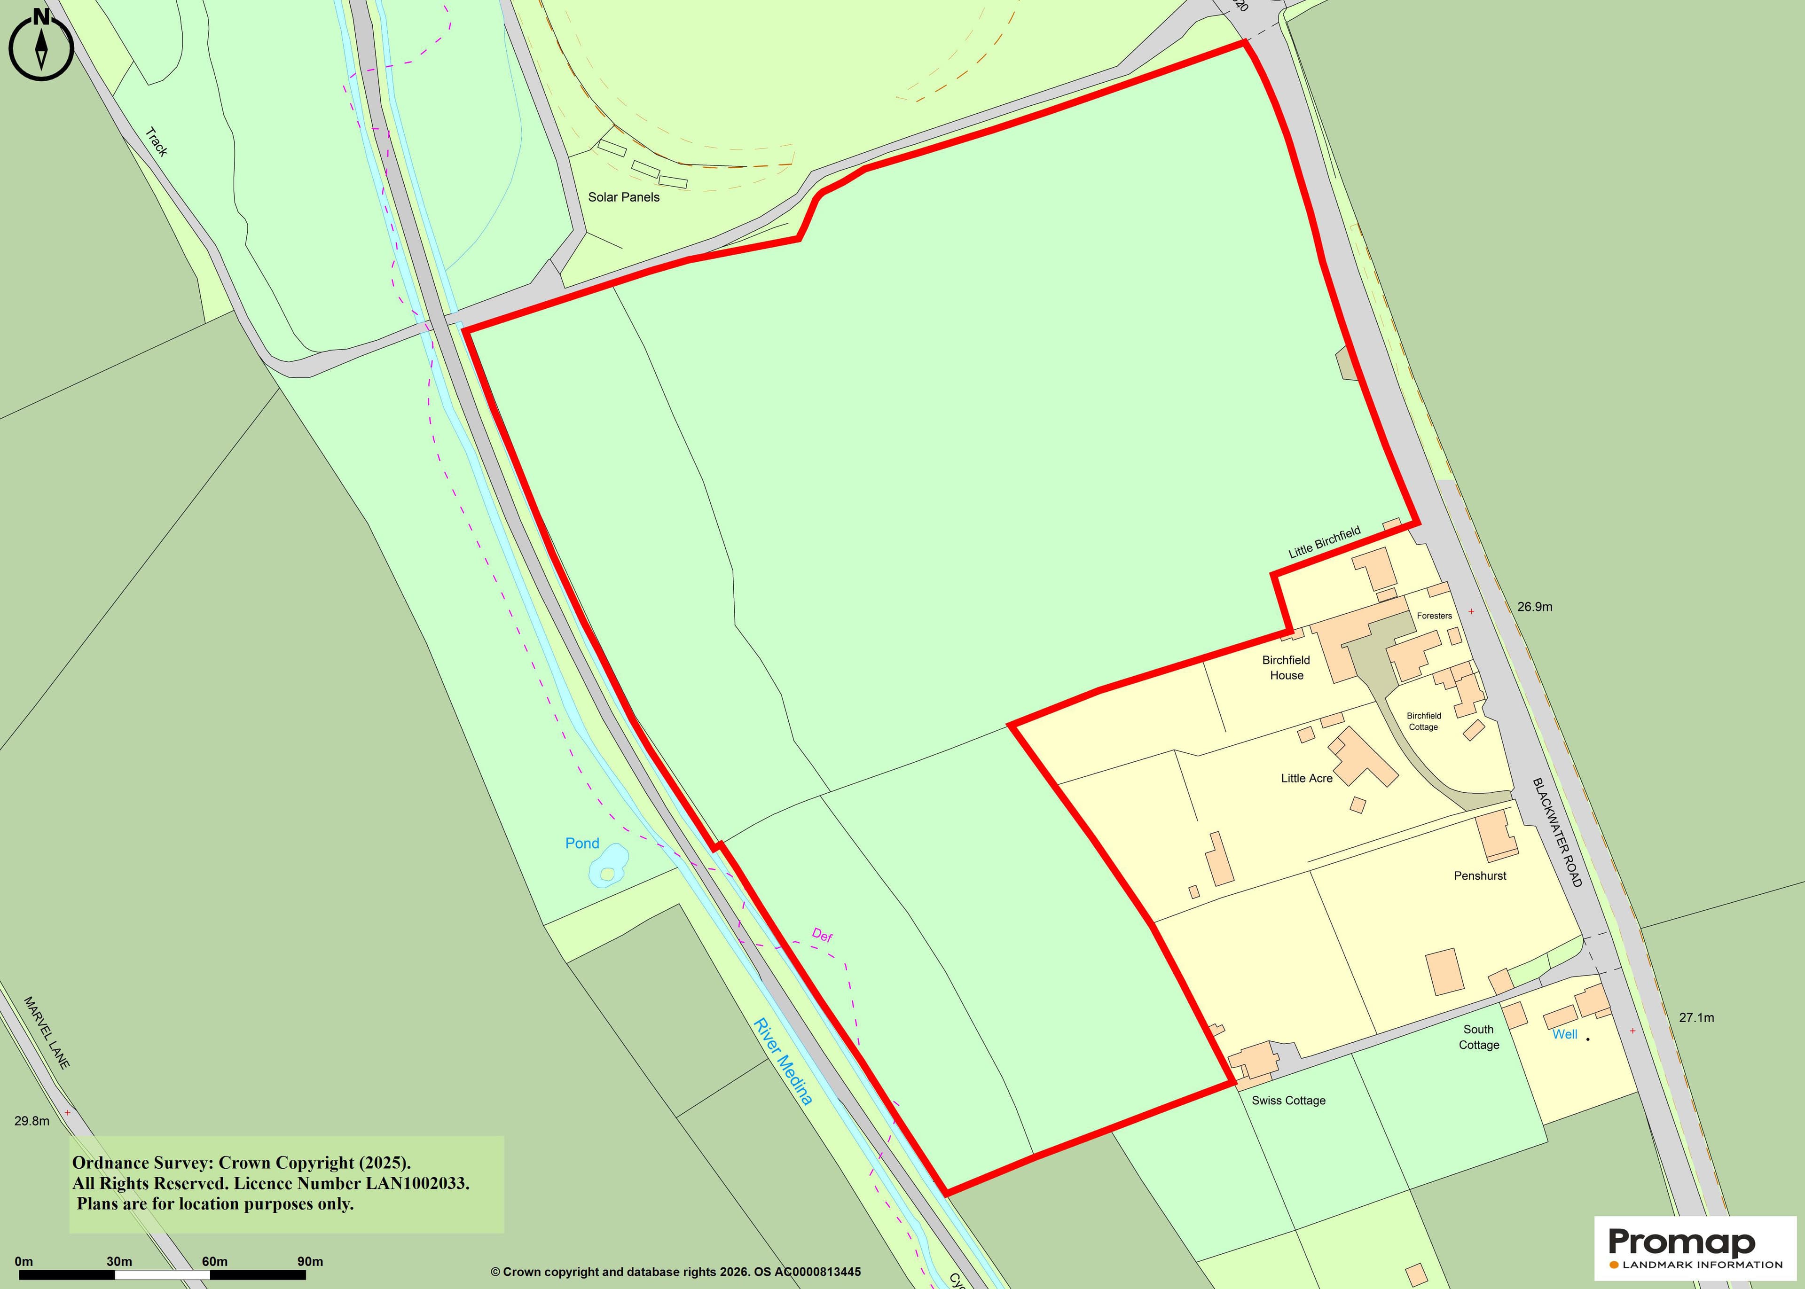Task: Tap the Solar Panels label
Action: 623,197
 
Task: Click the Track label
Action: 157,142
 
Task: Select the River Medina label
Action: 783,1061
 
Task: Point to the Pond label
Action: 582,843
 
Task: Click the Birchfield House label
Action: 1286,667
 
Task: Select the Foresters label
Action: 1434,616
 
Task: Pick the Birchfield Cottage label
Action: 1423,721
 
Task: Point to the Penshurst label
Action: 1480,875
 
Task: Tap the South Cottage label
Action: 1479,1037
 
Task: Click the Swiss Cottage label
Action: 1288,1100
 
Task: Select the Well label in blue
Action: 1564,1034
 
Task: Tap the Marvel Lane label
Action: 47,1032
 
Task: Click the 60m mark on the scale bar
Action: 214,1261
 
